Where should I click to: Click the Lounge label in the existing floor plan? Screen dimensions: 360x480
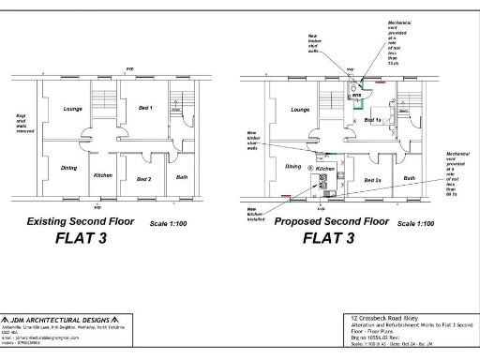click(x=72, y=110)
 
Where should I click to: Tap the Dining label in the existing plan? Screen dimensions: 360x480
click(x=68, y=168)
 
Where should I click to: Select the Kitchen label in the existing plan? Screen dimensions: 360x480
click(x=104, y=175)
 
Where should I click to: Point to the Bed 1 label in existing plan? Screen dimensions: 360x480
click(x=144, y=109)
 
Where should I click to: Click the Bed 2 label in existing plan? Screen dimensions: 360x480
click(x=143, y=178)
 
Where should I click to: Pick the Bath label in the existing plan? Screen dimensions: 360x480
click(x=181, y=176)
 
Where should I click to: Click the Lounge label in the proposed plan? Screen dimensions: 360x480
click(x=300, y=110)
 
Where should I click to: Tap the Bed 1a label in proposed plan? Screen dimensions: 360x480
click(x=372, y=121)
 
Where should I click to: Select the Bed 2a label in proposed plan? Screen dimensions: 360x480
click(x=371, y=178)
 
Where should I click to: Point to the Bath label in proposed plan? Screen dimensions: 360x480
click(x=410, y=176)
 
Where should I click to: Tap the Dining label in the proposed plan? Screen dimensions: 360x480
click(x=294, y=166)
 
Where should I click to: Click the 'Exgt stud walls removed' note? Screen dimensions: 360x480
click(x=22, y=123)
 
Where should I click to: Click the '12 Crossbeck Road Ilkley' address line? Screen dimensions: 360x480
click(x=382, y=321)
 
